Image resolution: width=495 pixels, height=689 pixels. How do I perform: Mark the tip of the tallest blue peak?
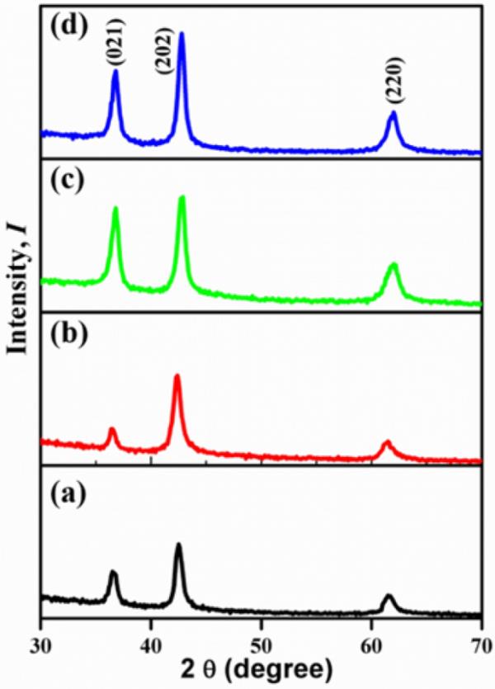pyautogui.click(x=181, y=34)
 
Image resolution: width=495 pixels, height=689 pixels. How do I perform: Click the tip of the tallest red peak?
pyautogui.click(x=177, y=376)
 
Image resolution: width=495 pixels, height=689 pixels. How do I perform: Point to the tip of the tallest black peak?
pyautogui.click(x=178, y=545)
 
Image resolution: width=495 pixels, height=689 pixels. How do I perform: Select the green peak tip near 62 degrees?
pyautogui.click(x=394, y=265)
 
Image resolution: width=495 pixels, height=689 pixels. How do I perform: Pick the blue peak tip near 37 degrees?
pyautogui.click(x=115, y=72)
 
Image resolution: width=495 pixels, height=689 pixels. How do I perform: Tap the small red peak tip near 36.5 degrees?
pyautogui.click(x=112, y=429)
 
